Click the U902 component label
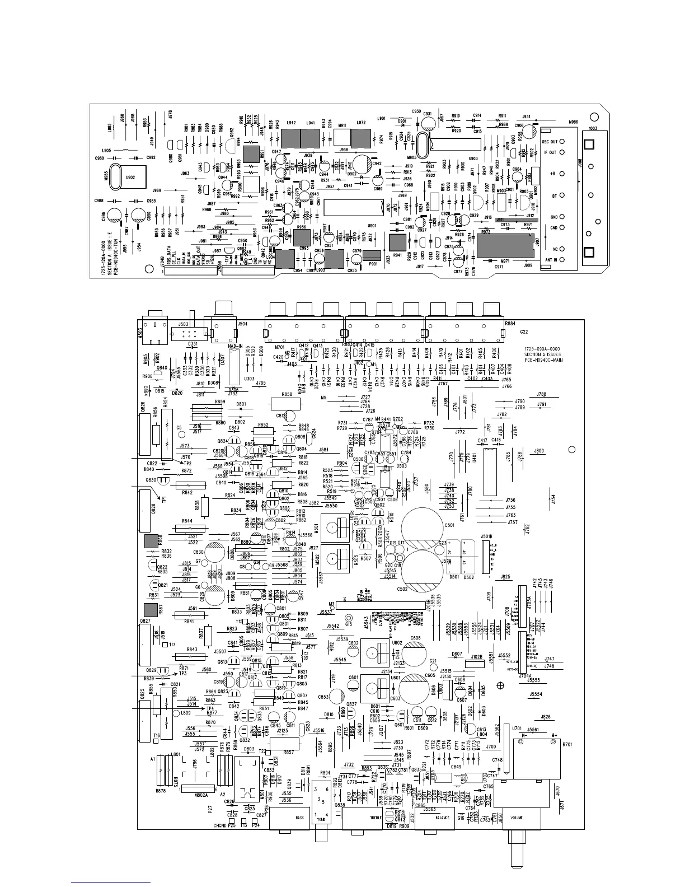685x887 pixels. (130, 178)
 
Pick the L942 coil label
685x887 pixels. (290, 123)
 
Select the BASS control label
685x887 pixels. (300, 818)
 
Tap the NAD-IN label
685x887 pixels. (235, 346)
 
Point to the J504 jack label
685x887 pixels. (242, 324)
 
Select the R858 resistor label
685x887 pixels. (287, 394)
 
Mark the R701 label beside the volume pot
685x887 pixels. (567, 745)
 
